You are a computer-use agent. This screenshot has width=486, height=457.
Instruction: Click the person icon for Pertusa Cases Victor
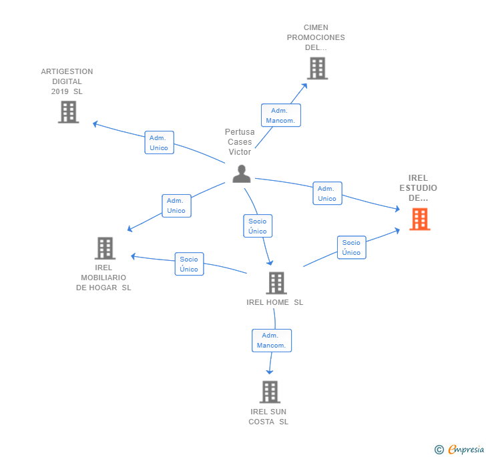pyautogui.click(x=241, y=174)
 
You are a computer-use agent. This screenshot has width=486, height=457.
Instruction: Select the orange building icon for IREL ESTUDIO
pyautogui.click(x=419, y=219)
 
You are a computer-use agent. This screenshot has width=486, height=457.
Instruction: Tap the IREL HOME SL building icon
pyautogui.click(x=276, y=283)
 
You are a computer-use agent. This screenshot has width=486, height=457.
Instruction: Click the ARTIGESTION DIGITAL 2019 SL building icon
pyautogui.click(x=68, y=112)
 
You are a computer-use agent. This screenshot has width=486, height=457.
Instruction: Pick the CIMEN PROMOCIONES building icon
pyautogui.click(x=316, y=68)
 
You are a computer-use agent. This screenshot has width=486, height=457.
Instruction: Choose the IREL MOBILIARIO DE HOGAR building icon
pyautogui.click(x=105, y=248)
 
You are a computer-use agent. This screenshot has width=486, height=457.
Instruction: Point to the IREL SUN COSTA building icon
pyautogui.click(x=269, y=392)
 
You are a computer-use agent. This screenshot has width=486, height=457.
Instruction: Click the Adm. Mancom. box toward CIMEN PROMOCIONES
pyautogui.click(x=280, y=115)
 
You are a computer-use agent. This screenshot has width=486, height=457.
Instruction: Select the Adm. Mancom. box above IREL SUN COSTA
pyautogui.click(x=271, y=340)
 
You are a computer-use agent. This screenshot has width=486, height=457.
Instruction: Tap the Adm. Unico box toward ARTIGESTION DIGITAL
pyautogui.click(x=159, y=143)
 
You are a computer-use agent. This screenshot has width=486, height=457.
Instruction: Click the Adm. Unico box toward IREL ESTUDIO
pyautogui.click(x=327, y=193)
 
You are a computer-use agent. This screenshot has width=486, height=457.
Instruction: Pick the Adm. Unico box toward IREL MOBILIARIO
pyautogui.click(x=176, y=205)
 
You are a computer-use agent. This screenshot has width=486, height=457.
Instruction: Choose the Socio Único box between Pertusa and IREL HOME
pyautogui.click(x=257, y=226)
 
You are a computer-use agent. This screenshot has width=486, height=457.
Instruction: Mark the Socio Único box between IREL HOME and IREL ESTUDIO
pyautogui.click(x=351, y=248)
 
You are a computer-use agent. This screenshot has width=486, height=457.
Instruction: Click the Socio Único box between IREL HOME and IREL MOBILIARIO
pyautogui.click(x=189, y=264)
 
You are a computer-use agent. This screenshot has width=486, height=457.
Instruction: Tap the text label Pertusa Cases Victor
pyautogui.click(x=240, y=142)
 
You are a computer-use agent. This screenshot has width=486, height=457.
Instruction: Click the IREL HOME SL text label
pyautogui.click(x=274, y=302)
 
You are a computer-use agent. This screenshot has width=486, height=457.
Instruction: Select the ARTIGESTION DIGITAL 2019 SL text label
pyautogui.click(x=67, y=81)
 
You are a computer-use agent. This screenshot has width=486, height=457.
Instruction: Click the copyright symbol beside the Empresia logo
pyautogui.click(x=439, y=450)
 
